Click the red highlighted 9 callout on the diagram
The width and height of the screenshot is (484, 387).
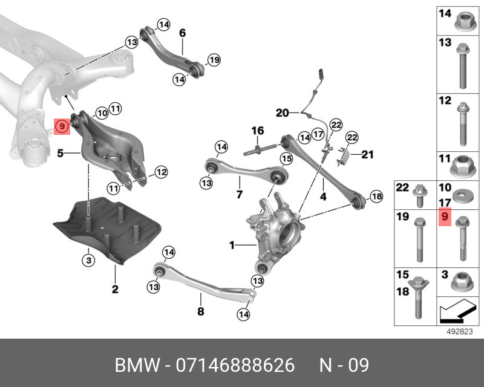pos(62,126)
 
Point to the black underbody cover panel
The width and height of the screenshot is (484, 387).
pos(109,227)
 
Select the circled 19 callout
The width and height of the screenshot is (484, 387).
pos(214,59)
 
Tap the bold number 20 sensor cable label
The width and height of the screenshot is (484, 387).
pos(282,112)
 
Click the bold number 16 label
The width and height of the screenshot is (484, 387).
pos(258,131)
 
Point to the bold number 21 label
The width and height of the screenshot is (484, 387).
pos(368,155)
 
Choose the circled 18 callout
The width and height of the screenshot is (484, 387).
pos(376,196)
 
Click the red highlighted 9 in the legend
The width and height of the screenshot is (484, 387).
pos(445,216)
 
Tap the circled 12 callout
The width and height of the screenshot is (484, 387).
pos(160,172)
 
